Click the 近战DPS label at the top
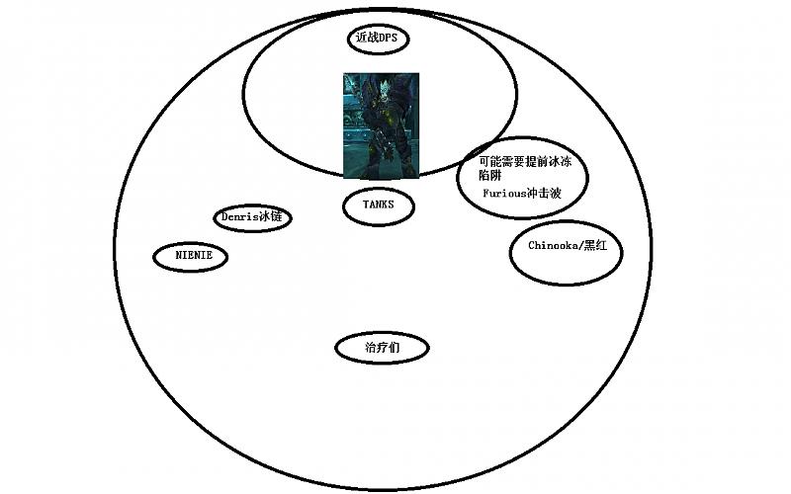(377, 38)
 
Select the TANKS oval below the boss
(379, 206)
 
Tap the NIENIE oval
(190, 257)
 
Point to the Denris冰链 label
(252, 217)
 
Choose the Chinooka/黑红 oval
(566, 253)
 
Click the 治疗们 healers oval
(382, 348)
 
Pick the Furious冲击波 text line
(522, 193)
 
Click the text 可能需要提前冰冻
(525, 162)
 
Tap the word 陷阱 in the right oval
(489, 176)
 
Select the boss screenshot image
(381, 125)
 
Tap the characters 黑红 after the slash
(596, 245)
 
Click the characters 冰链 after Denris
(270, 217)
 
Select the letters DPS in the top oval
(388, 38)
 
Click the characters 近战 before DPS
(367, 38)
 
